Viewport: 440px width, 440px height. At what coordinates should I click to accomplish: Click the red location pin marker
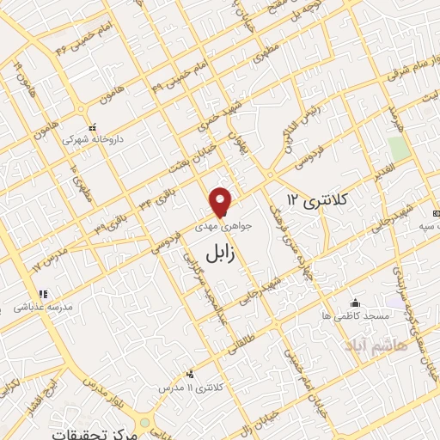tap(222, 201)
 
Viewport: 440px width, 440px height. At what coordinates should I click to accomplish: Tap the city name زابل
tap(222, 250)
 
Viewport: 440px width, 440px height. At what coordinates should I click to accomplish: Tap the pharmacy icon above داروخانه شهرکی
tap(92, 126)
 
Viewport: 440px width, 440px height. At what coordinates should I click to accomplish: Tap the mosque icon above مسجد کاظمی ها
tap(355, 302)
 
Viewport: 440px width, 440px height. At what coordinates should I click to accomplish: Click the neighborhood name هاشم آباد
tap(370, 345)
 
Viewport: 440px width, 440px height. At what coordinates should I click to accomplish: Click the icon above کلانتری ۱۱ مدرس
tap(189, 374)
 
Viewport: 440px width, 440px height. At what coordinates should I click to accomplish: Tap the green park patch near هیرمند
tap(397, 147)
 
